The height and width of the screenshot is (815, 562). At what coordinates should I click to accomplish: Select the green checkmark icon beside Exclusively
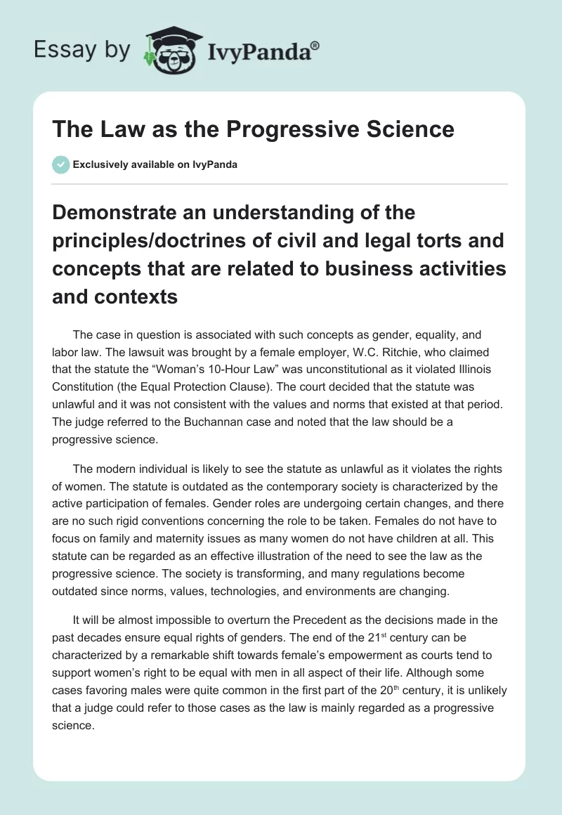point(60,164)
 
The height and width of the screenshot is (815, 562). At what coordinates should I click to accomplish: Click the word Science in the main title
point(410,129)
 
